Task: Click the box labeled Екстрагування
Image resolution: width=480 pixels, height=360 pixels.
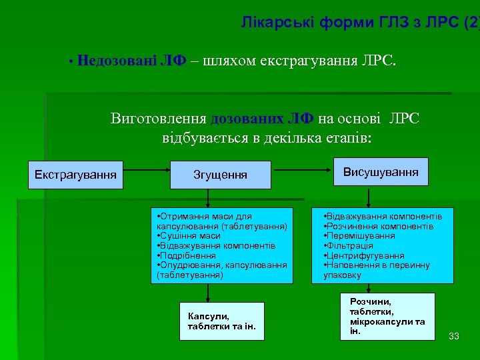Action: coord(75,175)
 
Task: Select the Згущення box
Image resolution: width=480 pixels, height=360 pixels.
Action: coord(220,175)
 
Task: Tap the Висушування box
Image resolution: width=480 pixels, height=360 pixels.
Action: coord(381,172)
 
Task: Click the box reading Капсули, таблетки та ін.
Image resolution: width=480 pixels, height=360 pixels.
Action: coord(221,321)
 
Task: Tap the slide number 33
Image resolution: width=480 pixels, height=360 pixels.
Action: coord(454,335)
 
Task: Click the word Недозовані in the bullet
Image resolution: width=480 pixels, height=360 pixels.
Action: coord(117,62)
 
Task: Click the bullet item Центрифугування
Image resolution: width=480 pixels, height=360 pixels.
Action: coord(364,255)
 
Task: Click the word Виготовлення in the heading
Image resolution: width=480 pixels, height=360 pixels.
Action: coord(159,119)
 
